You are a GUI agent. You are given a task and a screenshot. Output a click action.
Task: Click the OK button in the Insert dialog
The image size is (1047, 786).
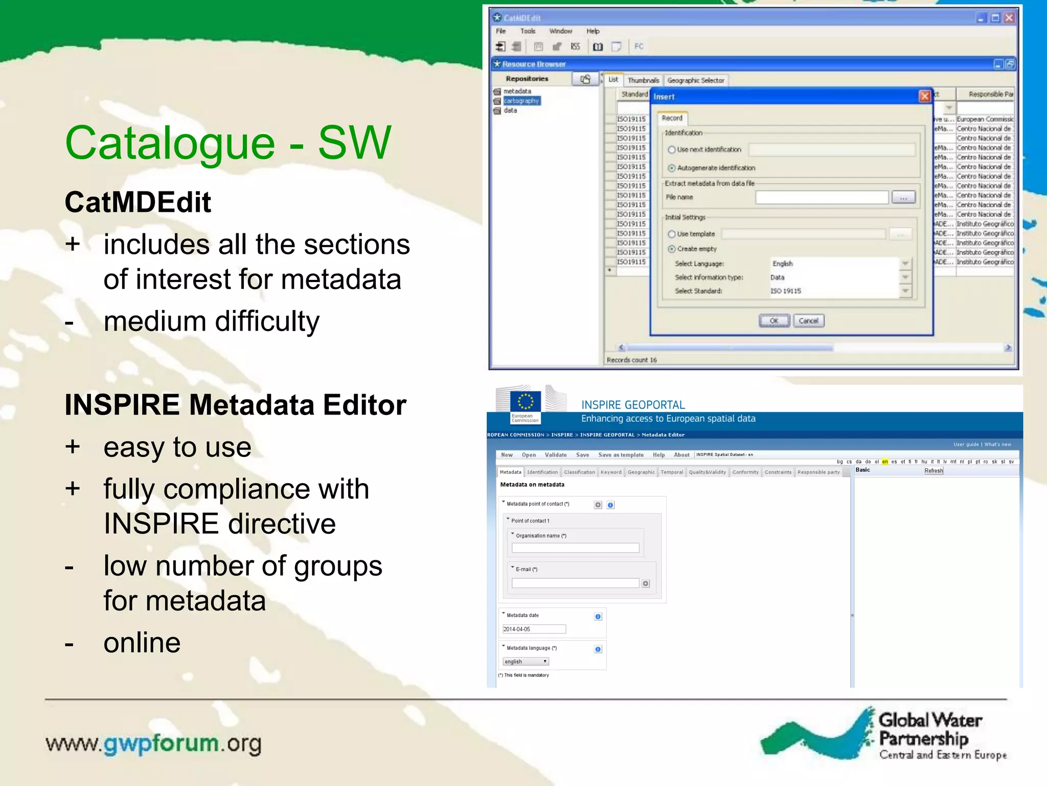click(773, 321)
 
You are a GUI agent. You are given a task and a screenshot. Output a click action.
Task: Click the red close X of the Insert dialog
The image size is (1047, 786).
click(924, 96)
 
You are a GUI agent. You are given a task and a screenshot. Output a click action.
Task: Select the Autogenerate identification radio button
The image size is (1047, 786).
click(672, 168)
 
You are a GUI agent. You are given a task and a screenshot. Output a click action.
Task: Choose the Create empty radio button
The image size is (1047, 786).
click(672, 249)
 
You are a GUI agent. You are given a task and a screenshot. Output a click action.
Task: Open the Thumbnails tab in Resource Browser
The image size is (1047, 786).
click(643, 80)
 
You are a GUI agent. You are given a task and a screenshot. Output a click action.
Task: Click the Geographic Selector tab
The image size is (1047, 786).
click(695, 80)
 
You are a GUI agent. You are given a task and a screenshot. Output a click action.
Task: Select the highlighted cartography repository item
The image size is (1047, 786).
click(521, 101)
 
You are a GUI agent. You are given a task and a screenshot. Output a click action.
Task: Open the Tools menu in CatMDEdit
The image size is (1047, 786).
click(528, 31)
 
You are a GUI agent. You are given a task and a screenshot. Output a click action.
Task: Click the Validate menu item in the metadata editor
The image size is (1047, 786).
click(556, 455)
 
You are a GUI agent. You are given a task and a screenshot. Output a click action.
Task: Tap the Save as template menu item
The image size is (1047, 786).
click(621, 455)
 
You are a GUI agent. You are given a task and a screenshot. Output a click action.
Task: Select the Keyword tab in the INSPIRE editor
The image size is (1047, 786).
click(611, 472)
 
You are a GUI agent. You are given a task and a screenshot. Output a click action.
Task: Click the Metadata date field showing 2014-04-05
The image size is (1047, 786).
click(534, 629)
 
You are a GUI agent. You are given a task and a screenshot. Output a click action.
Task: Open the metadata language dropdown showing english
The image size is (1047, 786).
click(526, 662)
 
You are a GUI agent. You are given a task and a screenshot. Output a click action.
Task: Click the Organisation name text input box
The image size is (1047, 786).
click(575, 548)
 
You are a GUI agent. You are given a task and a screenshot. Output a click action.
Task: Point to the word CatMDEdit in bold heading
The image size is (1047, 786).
click(138, 202)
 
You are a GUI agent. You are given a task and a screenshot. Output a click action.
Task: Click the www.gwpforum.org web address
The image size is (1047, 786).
click(153, 744)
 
